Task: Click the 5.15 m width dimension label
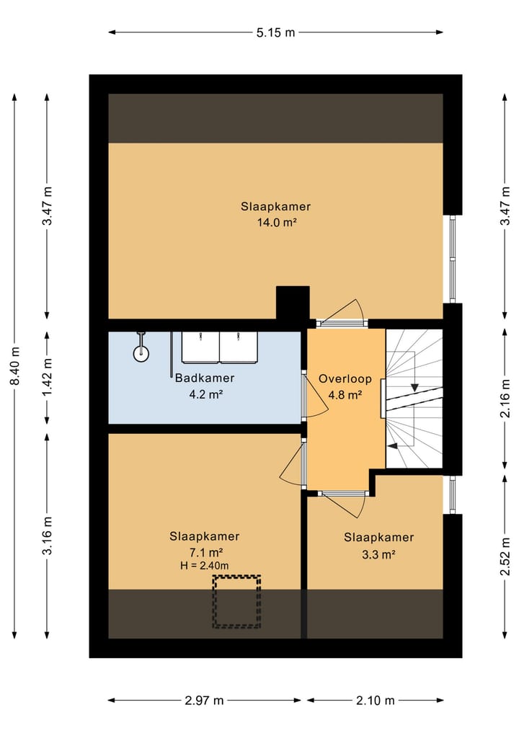pyautogui.click(x=276, y=32)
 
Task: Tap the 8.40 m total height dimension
pyautogui.click(x=15, y=366)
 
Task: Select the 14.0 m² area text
pyautogui.click(x=277, y=223)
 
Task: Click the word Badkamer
pyautogui.click(x=204, y=378)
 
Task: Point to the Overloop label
pyautogui.click(x=345, y=378)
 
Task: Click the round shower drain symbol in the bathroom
pyautogui.click(x=141, y=354)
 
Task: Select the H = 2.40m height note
pyautogui.click(x=204, y=566)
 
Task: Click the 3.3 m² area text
pyautogui.click(x=378, y=555)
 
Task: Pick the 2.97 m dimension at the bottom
pyautogui.click(x=204, y=701)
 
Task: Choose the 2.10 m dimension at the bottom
pyautogui.click(x=376, y=701)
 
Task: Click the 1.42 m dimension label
pyautogui.click(x=48, y=378)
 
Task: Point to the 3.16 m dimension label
pyautogui.click(x=48, y=536)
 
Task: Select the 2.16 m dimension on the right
pyautogui.click(x=505, y=399)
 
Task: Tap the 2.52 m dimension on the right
pyautogui.click(x=505, y=557)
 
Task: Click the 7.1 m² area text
pyautogui.click(x=205, y=553)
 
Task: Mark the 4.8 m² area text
pyautogui.click(x=345, y=396)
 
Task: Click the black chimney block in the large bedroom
pyautogui.click(x=293, y=303)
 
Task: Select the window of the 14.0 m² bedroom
pyautogui.click(x=452, y=259)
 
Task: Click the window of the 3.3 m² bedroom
pyautogui.click(x=452, y=494)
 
